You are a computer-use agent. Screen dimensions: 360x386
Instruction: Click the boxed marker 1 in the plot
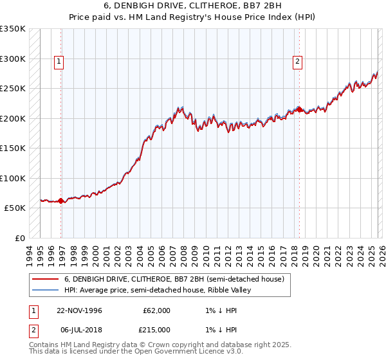pyautogui.click(x=59, y=62)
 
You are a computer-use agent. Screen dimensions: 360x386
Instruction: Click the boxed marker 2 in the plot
pyautogui.click(x=298, y=62)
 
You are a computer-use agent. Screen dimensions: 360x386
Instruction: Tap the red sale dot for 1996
pyautogui.click(x=61, y=201)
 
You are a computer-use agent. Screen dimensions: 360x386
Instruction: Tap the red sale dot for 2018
pyautogui.click(x=299, y=109)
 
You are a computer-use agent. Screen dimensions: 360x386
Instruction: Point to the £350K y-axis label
pyautogui.click(x=13, y=29)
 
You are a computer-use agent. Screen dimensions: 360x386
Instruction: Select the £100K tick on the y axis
pyautogui.click(x=13, y=178)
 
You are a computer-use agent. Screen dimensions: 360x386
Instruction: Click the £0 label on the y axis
pyautogui.click(x=19, y=238)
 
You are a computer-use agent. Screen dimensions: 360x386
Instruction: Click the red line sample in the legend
pyautogui.click(x=45, y=280)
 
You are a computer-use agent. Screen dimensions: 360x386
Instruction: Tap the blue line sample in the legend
pyautogui.click(x=45, y=290)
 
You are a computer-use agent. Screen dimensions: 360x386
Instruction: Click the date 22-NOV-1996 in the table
pyautogui.click(x=79, y=310)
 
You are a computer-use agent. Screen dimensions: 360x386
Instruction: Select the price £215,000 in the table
pyautogui.click(x=156, y=329)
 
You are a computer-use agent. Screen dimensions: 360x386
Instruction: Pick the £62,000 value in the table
pyautogui.click(x=156, y=310)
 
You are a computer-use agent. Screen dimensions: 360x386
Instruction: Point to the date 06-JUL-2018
pyautogui.click(x=79, y=329)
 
